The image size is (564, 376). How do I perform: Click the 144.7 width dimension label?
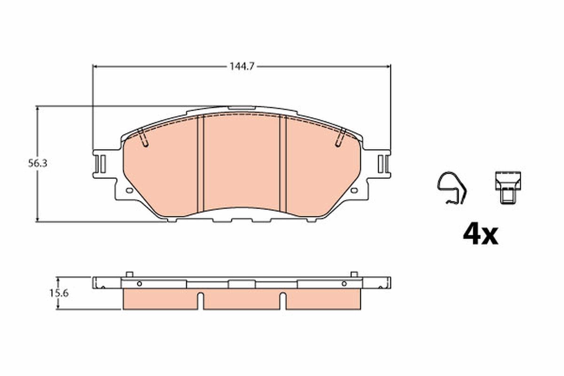pos(242,67)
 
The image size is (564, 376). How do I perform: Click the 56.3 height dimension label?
pos(38,164)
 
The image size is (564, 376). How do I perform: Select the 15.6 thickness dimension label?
pos(59,293)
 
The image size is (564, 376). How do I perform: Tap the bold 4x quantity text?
pos(480,235)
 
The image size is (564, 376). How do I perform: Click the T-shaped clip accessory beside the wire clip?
pos(508,188)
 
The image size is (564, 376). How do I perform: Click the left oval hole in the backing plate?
pos(129,190)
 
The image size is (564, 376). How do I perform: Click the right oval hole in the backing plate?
pos(354,190)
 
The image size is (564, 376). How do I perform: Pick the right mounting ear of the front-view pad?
pos(382,164)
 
